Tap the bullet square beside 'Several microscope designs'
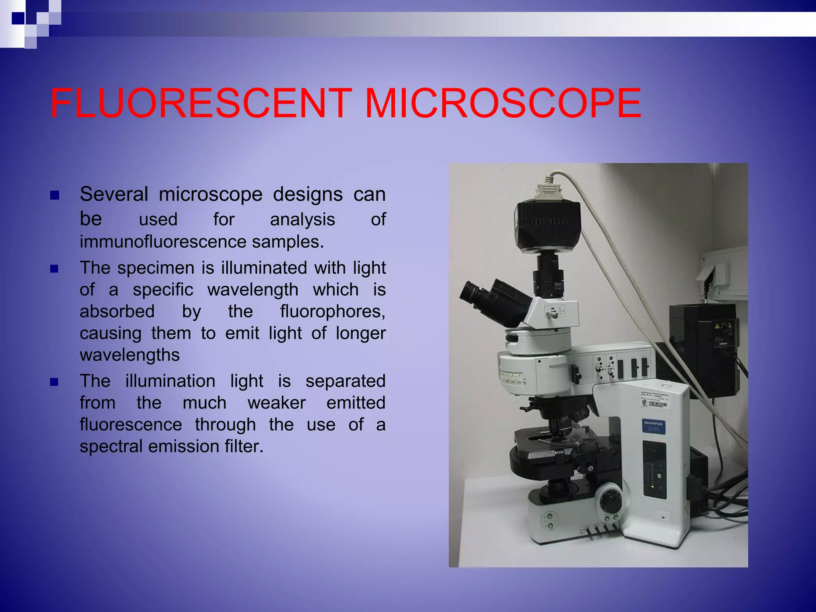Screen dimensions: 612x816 (x=55, y=195)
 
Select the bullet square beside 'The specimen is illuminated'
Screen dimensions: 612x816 (x=55, y=269)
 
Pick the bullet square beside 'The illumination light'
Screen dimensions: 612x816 (x=55, y=382)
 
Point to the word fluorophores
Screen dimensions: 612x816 (x=332, y=312)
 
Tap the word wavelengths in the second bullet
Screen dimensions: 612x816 (x=129, y=355)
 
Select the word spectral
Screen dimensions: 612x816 (x=111, y=447)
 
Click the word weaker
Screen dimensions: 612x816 (x=277, y=403)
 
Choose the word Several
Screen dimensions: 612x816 (x=114, y=194)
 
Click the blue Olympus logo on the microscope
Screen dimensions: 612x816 (x=653, y=426)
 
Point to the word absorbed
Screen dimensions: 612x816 (x=117, y=312)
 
